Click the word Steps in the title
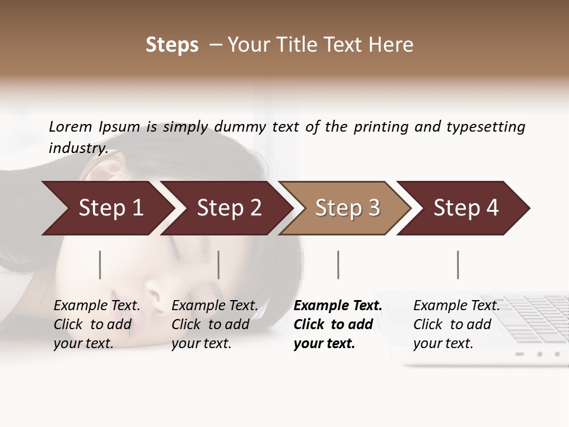pyautogui.click(x=172, y=45)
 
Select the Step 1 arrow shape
pyautogui.click(x=107, y=208)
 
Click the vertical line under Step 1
pyautogui.click(x=100, y=265)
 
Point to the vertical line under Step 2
pyautogui.click(x=219, y=265)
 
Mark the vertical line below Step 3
pyautogui.click(x=338, y=265)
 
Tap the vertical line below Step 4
pyautogui.click(x=458, y=265)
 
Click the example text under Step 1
pyautogui.click(x=97, y=324)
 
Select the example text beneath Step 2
pyautogui.click(x=215, y=324)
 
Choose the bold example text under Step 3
pyautogui.click(x=338, y=324)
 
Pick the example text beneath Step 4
pyautogui.click(x=456, y=324)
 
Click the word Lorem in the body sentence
pyautogui.click(x=71, y=126)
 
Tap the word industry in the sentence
pyautogui.click(x=78, y=148)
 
